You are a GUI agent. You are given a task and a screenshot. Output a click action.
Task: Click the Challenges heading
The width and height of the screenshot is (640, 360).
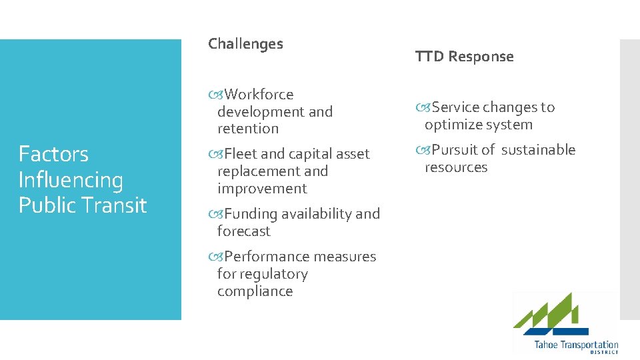[245, 44]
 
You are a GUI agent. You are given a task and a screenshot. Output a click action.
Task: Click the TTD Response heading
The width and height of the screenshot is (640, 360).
[464, 57]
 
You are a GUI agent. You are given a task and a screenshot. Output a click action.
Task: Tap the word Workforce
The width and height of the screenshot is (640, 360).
[259, 95]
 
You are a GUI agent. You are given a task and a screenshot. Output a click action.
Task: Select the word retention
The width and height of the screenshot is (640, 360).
[248, 129]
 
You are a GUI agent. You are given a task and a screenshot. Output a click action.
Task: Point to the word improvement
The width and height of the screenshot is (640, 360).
[262, 189]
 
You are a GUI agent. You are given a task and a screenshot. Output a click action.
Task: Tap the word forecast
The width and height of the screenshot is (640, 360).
[244, 231]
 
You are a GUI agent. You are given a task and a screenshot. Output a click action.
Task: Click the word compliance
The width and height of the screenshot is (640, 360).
[255, 291]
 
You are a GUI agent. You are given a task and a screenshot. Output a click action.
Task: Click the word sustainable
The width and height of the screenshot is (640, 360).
[538, 150]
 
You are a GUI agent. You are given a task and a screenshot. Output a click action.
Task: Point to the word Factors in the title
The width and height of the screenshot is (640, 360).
[53, 154]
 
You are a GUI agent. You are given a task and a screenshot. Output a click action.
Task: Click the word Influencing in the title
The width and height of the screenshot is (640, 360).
[71, 180]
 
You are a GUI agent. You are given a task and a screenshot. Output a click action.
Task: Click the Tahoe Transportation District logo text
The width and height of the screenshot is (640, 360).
[576, 346]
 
